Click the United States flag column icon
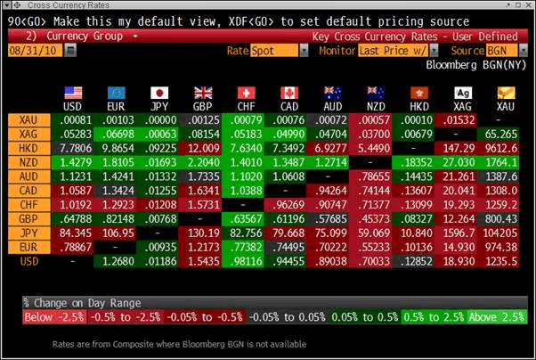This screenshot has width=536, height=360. point(73,92)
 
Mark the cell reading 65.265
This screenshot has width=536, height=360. point(506,133)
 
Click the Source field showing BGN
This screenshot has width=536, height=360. point(502,51)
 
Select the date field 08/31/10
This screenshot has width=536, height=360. point(31,51)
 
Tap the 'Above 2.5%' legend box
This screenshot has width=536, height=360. point(499,317)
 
